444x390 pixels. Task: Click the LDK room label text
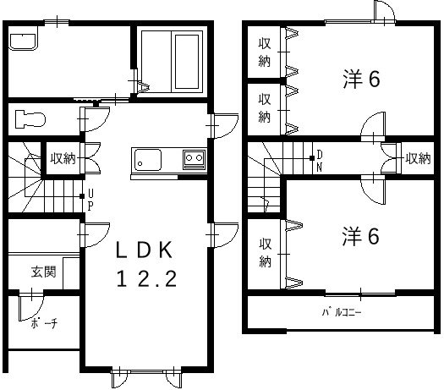[145, 250]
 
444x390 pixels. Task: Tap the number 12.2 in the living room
[145, 280]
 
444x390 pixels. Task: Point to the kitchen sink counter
[168, 161]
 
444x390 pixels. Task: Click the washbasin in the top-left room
[23, 41]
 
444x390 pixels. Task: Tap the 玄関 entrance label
[44, 272]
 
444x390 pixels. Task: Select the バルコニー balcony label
[343, 310]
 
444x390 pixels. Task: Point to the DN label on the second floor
[320, 158]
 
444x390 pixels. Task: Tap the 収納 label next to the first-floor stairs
[62, 157]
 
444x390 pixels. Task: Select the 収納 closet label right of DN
[418, 157]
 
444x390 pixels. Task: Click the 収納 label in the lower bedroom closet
[265, 250]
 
